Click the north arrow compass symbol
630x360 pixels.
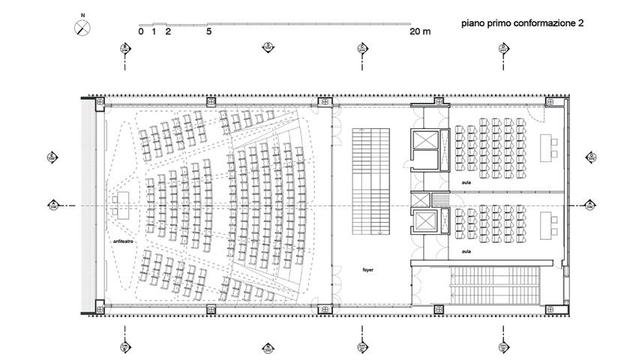[x=82, y=27]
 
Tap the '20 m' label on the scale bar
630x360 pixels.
[x=420, y=31]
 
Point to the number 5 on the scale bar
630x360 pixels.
[x=208, y=31]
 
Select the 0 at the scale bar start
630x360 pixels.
[x=141, y=31]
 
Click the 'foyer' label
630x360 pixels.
[x=367, y=268]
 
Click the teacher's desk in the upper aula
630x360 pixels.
[x=546, y=146]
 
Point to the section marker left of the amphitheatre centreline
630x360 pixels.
[x=54, y=204]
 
